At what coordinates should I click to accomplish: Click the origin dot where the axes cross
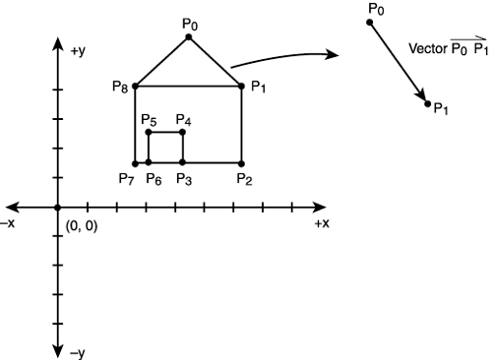tap(58, 208)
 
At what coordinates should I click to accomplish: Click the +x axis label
tap(321, 224)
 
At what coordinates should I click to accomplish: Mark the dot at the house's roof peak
tap(189, 37)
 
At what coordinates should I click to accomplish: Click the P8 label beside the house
tap(120, 88)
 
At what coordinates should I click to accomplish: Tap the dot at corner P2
tap(242, 163)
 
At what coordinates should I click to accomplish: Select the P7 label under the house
tap(125, 178)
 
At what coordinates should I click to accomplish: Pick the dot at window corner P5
tap(148, 132)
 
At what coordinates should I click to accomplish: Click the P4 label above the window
tap(184, 120)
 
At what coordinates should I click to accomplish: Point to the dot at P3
tap(183, 163)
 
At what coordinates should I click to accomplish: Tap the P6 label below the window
tap(154, 178)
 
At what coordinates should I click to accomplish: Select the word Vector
tap(428, 46)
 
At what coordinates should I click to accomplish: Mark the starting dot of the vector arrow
tap(371, 22)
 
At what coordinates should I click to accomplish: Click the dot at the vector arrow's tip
tap(428, 102)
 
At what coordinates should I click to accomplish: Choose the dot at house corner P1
tap(242, 87)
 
